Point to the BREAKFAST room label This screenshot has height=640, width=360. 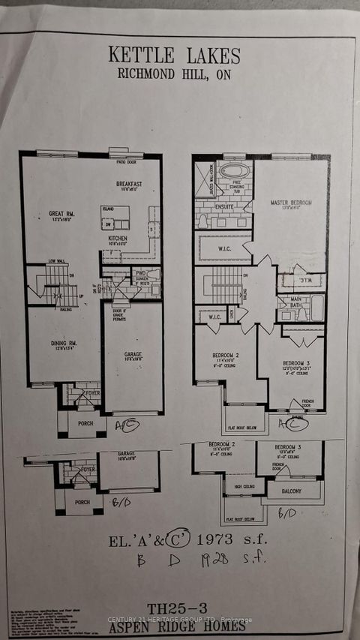(128, 183)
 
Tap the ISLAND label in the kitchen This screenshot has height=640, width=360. (109, 209)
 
